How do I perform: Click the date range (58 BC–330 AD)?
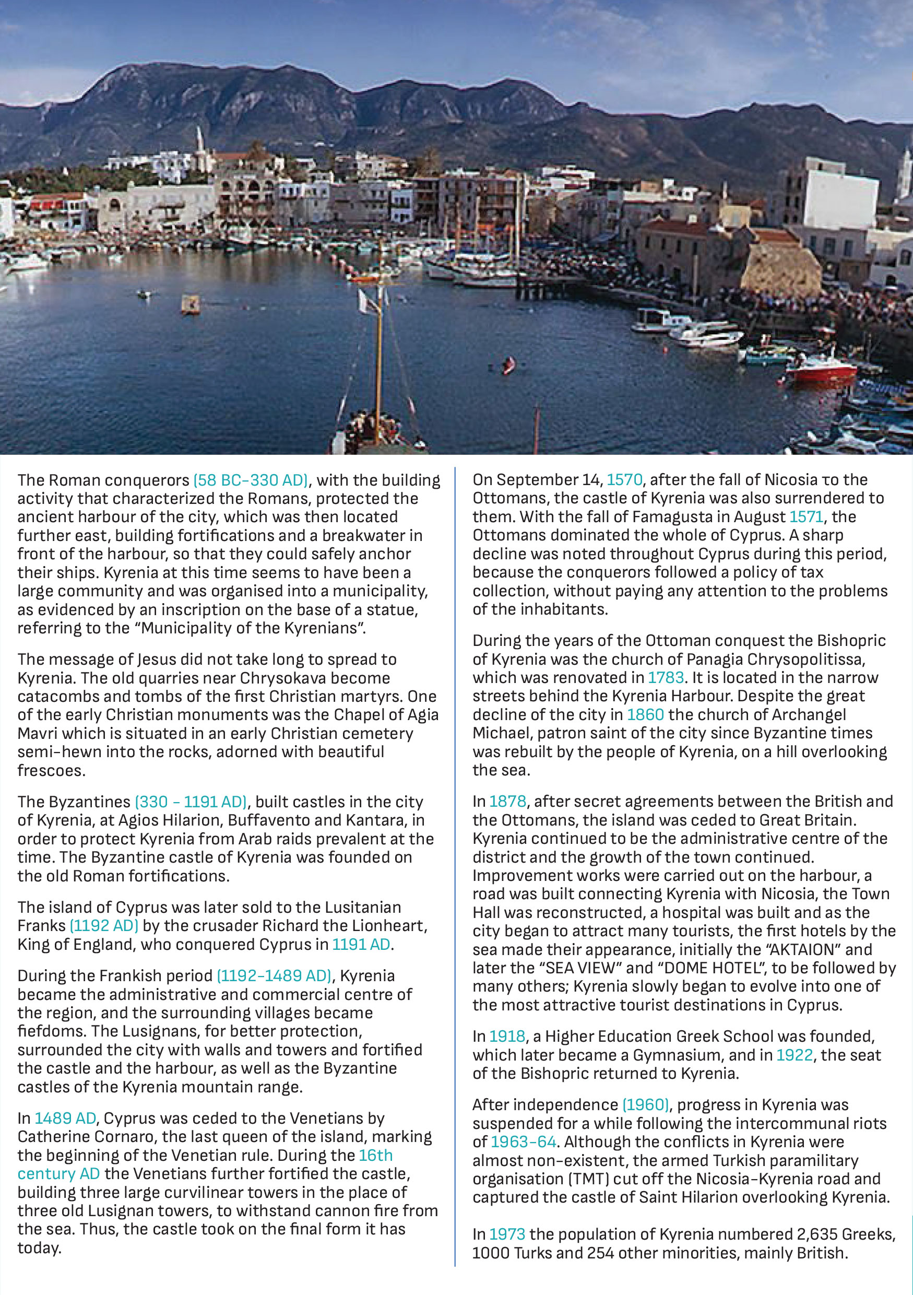[x=251, y=480]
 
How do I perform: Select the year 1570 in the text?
[x=624, y=480]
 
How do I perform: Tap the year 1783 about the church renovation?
[x=666, y=677]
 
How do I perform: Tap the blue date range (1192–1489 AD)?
[x=274, y=976]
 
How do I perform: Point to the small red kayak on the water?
[x=508, y=366]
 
